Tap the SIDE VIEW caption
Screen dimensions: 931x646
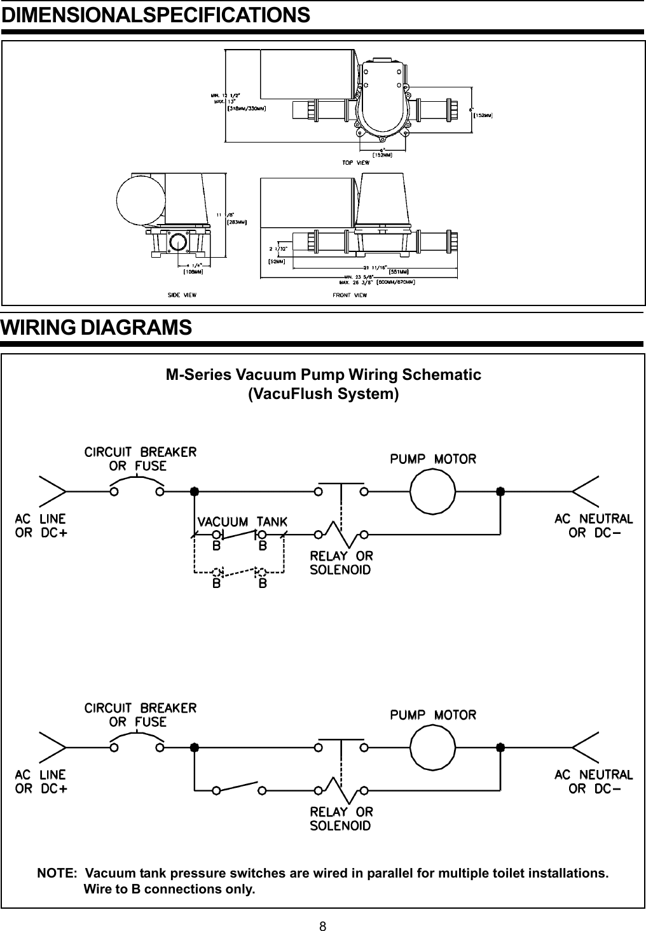[182, 295]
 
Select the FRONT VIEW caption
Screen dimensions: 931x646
[349, 295]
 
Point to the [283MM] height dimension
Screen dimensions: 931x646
[237, 222]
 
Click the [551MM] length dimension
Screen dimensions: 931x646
[399, 270]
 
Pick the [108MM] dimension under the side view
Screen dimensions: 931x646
[193, 271]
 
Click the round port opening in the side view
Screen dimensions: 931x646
[179, 243]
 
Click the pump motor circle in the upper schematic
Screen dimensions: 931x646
[433, 491]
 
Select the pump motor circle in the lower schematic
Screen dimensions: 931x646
[433, 747]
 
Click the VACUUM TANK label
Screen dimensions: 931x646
[242, 521]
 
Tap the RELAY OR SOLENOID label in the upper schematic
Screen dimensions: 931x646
[341, 563]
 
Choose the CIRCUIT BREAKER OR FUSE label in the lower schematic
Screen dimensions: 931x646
[141, 715]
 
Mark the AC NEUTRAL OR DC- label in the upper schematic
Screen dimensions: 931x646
[593, 526]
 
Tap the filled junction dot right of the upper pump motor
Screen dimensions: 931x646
[500, 491]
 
